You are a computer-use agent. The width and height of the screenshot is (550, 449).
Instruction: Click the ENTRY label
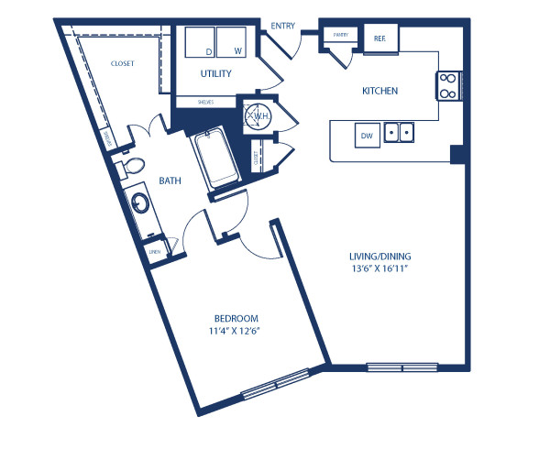click(x=283, y=27)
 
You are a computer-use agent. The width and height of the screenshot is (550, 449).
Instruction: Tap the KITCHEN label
click(x=379, y=92)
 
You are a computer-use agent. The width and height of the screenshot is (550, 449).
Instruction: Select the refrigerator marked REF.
click(x=379, y=38)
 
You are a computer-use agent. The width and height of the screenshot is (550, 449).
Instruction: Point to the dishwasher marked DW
click(x=368, y=137)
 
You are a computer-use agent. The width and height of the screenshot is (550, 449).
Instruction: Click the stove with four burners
click(x=448, y=85)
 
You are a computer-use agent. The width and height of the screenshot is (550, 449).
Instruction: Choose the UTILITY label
click(x=216, y=73)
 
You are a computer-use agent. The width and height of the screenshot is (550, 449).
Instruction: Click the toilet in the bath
click(x=130, y=168)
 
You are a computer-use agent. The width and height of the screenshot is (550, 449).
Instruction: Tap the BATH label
click(x=170, y=181)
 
